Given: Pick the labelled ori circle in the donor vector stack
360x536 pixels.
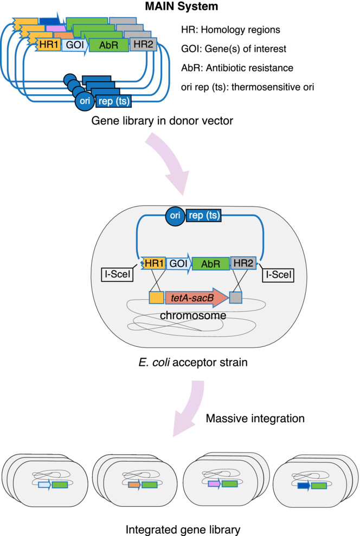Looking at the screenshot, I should [x=84, y=100].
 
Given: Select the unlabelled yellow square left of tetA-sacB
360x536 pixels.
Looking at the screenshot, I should [x=156, y=298].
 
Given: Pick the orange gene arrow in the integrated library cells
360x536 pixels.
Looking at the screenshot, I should [x=135, y=484].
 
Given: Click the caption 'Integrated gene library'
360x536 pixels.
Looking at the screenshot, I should [x=179, y=529].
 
